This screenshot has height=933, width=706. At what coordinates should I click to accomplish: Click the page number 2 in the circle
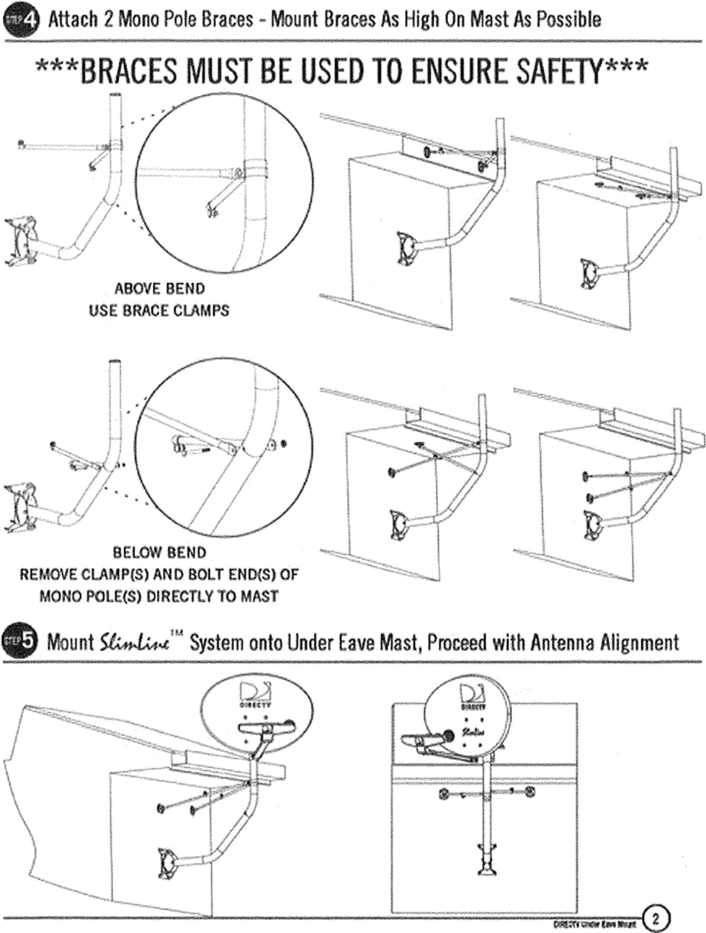pos(656,919)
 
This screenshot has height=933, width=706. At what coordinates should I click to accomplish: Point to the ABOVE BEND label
pos(159,289)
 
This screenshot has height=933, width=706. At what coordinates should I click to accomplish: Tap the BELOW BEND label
pos(159,553)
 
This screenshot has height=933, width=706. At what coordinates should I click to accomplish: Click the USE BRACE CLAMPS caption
pos(159,311)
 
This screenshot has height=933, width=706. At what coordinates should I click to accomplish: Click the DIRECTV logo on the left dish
pos(255,695)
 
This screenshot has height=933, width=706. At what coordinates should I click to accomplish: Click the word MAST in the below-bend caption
pos(259,597)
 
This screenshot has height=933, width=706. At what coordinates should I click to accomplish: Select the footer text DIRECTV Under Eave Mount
pos(594,923)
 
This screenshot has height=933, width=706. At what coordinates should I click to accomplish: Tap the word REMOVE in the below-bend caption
pos(47,575)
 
